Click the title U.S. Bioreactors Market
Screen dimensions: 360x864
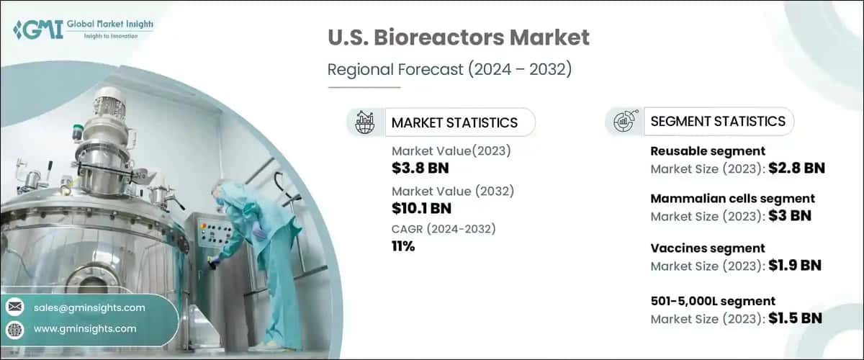click(x=458, y=37)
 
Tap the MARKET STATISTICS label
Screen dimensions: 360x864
click(x=454, y=122)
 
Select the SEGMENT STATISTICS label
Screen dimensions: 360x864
click(x=717, y=121)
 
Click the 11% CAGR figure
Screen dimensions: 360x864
click(x=403, y=246)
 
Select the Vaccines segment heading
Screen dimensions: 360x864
click(x=707, y=248)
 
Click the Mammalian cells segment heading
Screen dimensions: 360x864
click(x=732, y=198)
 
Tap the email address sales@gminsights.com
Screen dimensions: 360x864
click(x=89, y=307)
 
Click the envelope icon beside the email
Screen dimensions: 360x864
click(x=15, y=307)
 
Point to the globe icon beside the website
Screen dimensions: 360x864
click(x=15, y=329)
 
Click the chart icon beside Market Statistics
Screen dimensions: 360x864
click(x=365, y=122)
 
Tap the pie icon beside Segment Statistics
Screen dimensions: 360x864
click(x=624, y=121)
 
